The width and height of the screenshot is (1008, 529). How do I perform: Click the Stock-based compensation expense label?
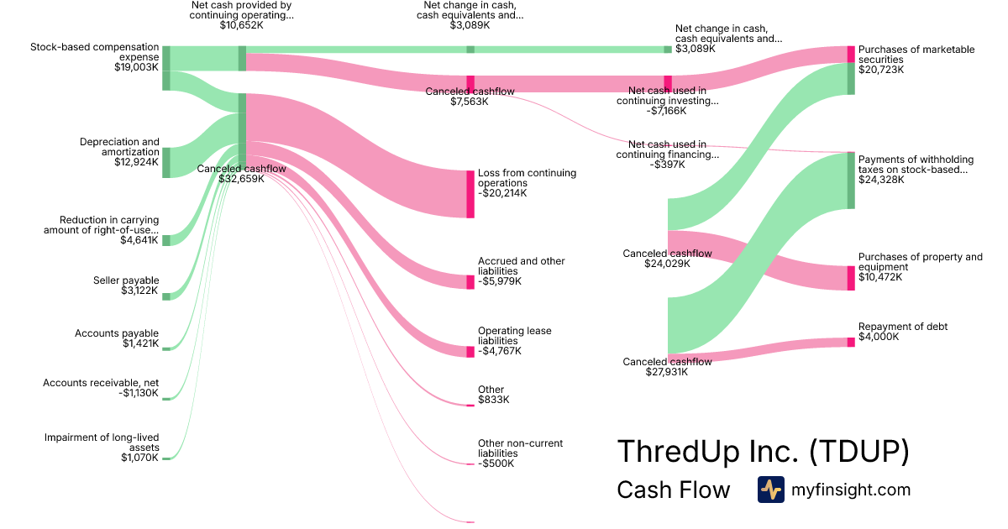click(x=94, y=55)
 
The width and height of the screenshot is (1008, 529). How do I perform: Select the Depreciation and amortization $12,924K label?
click(x=118, y=152)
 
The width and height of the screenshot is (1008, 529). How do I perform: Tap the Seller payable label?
click(x=126, y=285)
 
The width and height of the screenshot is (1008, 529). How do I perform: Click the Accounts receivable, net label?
click(x=101, y=388)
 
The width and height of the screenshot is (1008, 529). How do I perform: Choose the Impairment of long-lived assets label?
click(x=102, y=447)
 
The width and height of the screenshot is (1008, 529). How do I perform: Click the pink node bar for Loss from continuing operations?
click(x=470, y=194)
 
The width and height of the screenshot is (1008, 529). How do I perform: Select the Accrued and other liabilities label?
click(x=521, y=271)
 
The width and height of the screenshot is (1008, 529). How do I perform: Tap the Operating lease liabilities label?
click(x=514, y=341)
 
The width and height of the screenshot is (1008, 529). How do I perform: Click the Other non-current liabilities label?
click(x=520, y=453)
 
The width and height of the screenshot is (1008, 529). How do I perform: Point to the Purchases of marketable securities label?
click(x=916, y=60)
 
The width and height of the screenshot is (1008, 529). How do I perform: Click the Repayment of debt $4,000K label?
click(x=902, y=332)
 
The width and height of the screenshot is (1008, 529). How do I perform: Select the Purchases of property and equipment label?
click(x=920, y=267)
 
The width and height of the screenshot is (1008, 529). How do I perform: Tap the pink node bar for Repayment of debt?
click(x=851, y=341)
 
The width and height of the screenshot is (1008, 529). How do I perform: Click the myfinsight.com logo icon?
click(x=770, y=490)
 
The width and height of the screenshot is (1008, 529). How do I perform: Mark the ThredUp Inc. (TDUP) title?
click(x=763, y=451)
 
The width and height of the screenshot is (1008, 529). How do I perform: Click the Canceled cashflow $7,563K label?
click(x=470, y=96)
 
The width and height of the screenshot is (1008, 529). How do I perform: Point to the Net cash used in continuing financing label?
click(x=667, y=155)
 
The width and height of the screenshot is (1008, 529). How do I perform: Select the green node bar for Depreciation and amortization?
click(x=166, y=162)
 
